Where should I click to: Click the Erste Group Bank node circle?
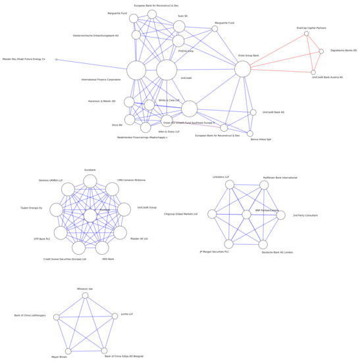[x=242, y=68]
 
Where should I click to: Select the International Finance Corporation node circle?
[x=136, y=70]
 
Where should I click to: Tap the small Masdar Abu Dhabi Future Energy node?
[x=56, y=60]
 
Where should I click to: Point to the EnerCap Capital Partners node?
[x=307, y=34]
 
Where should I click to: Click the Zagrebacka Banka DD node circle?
[x=321, y=51]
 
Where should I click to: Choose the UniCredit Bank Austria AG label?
[x=327, y=77]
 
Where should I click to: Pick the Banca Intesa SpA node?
[x=250, y=134]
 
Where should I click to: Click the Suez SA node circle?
[x=180, y=26]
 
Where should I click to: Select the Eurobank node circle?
[x=90, y=178]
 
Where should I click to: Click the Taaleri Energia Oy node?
[x=57, y=210]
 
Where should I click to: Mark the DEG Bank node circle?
[x=102, y=248]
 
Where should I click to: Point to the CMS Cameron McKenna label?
[x=131, y=180]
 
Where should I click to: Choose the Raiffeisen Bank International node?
[x=264, y=186]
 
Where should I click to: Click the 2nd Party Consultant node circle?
[x=280, y=215]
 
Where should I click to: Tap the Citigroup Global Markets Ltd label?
[x=180, y=214]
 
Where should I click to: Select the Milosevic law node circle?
[x=85, y=296]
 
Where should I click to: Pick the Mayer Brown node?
[x=68, y=351]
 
